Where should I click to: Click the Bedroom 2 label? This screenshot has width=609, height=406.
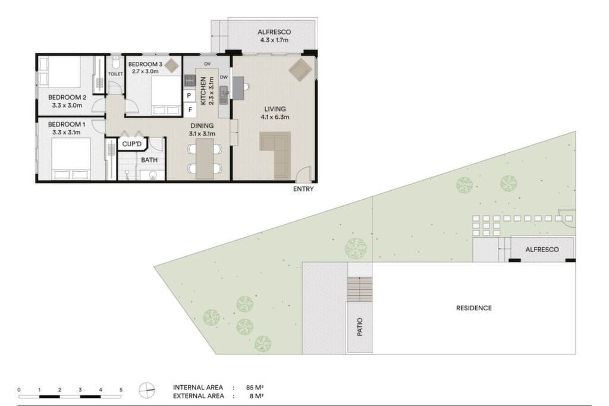click(x=67, y=97)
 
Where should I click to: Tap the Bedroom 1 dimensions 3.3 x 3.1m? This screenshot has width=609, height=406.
click(x=67, y=133)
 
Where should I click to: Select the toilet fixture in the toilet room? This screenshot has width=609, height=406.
click(x=115, y=62)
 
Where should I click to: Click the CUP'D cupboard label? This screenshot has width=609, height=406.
click(x=132, y=144)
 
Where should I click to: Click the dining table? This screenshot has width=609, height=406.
click(x=205, y=159)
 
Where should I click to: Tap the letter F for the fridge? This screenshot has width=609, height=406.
click(x=190, y=110)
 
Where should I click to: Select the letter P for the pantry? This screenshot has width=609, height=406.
click(x=189, y=96)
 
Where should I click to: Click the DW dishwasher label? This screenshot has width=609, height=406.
click(x=224, y=77)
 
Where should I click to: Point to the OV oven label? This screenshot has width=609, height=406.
click(x=207, y=64)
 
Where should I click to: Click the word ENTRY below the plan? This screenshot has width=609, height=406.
click(x=303, y=189)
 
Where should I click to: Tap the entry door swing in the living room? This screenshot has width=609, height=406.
click(x=304, y=174)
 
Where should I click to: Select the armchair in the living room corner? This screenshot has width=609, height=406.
click(x=300, y=70)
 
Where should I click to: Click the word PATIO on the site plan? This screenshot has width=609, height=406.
click(x=360, y=327)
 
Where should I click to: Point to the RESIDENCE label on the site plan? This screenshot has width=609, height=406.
click(x=474, y=308)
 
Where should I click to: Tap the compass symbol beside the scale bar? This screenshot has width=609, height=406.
click(x=147, y=390)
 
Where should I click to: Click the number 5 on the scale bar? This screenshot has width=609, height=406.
click(x=121, y=390)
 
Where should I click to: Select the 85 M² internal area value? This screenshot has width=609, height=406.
click(x=255, y=388)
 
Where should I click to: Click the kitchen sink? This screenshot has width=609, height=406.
click(x=224, y=96)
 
